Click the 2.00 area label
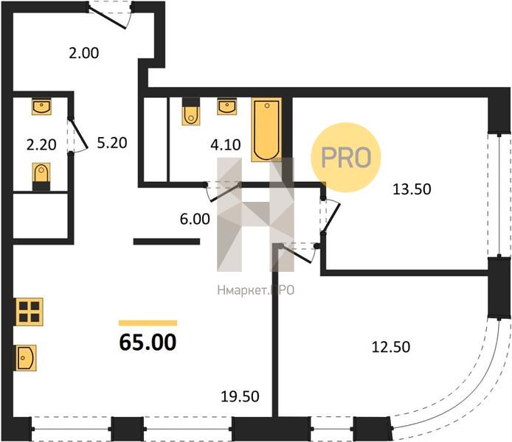[84, 53]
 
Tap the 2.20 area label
[41, 144]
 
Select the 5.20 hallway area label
[112, 143]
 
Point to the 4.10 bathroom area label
[226, 144]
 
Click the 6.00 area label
[195, 219]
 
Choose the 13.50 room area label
[412, 189]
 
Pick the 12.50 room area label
[391, 347]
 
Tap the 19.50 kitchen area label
[241, 396]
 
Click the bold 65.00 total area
[148, 343]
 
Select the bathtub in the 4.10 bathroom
[266, 130]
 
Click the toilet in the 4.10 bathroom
[191, 111]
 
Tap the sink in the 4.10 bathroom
[227, 106]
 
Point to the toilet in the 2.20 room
[41, 177]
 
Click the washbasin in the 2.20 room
[41, 106]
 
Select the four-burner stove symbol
[29, 312]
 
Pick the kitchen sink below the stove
[26, 358]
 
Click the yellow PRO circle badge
[346, 157]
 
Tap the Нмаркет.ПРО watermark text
[256, 290]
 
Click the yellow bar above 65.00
[148, 323]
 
